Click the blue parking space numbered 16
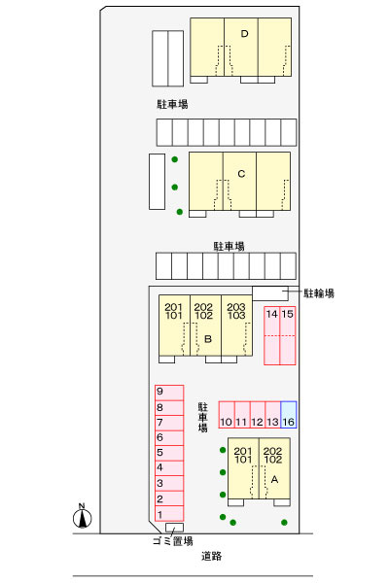[289, 415]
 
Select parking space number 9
[169, 393]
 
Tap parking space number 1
[169, 514]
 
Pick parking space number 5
[169, 453]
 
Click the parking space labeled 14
[271, 335]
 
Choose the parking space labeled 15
[288, 335]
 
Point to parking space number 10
[227, 415]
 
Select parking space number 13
[273, 415]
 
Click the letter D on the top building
[244, 34]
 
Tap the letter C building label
[241, 174]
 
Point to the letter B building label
[208, 339]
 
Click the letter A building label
[274, 480]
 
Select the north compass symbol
[82, 516]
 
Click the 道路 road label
[211, 556]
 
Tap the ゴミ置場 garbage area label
[173, 541]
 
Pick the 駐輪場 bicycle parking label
[319, 293]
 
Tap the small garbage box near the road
[175, 528]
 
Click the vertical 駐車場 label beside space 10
[203, 417]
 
